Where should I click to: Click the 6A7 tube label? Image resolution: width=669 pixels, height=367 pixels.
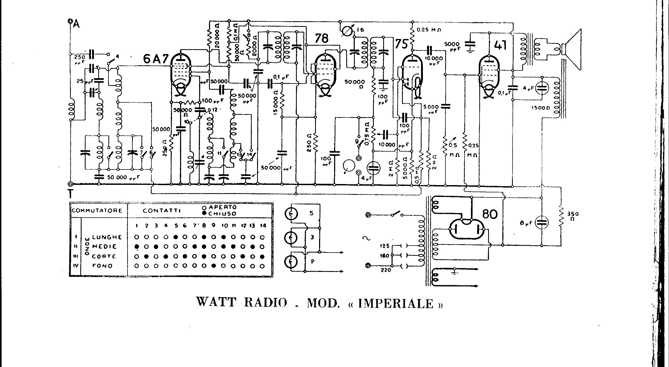coord(155,59)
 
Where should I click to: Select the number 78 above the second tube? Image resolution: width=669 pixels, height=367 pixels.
coord(321,39)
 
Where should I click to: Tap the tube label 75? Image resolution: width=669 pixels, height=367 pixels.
coord(401,44)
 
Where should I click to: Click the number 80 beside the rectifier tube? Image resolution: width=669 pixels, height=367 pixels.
coord(490,214)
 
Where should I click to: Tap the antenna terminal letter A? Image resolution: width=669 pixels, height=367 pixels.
coord(76,24)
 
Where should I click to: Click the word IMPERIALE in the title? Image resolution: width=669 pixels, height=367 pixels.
coord(396,304)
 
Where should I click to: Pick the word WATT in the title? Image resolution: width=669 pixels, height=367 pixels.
coord(216,302)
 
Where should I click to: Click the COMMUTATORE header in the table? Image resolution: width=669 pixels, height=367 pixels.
coord(97,210)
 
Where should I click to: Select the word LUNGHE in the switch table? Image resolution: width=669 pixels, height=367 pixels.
coord(107,237)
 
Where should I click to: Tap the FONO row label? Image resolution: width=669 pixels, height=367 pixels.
coord(102,266)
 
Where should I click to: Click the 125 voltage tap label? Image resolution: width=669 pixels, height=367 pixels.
coord(385,246)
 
